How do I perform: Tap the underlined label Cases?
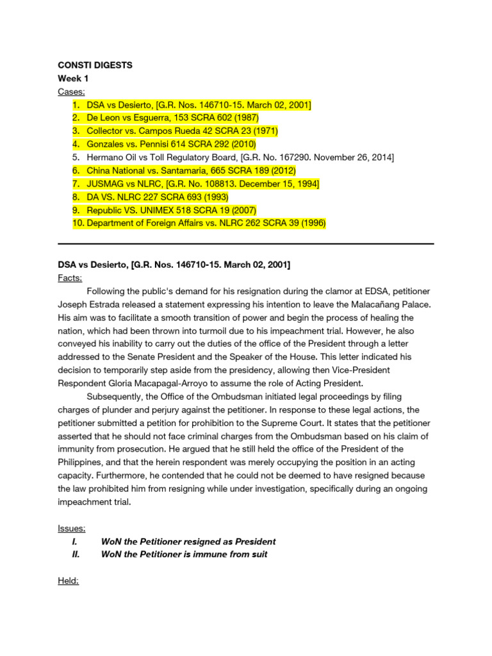pyautogui.click(x=71, y=92)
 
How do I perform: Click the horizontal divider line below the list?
pyautogui.click(x=246, y=243)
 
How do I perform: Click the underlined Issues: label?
pyautogui.click(x=71, y=528)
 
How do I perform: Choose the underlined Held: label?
pyautogui.click(x=68, y=580)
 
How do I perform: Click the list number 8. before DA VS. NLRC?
pyautogui.click(x=76, y=197)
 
